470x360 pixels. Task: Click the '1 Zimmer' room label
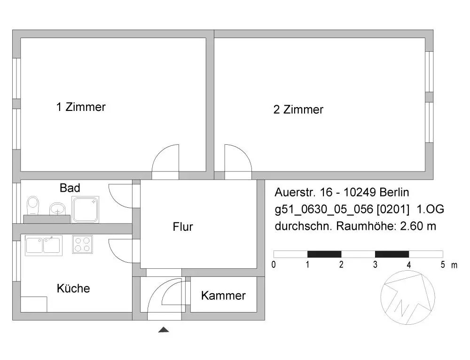pyautogui.click(x=81, y=107)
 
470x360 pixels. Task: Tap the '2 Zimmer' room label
pyautogui.click(x=298, y=110)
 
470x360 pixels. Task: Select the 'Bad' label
pyautogui.click(x=70, y=188)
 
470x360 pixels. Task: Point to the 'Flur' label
pyautogui.click(x=183, y=227)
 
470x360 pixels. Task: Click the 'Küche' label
pyautogui.click(x=73, y=288)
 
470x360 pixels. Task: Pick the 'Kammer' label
pyautogui.click(x=223, y=296)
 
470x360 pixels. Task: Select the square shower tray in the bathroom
pyautogui.click(x=85, y=209)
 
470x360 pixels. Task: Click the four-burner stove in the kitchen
pyautogui.click(x=82, y=245)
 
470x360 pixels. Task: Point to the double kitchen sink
pyautogui.click(x=44, y=245)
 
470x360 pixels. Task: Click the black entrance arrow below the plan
pyautogui.click(x=164, y=330)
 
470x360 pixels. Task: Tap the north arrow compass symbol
pyautogui.click(x=407, y=298)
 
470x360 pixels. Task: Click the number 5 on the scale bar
pyautogui.click(x=443, y=265)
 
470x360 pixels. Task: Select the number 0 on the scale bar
pyautogui.click(x=274, y=265)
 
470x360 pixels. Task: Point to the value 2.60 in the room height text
pyautogui.click(x=410, y=226)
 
